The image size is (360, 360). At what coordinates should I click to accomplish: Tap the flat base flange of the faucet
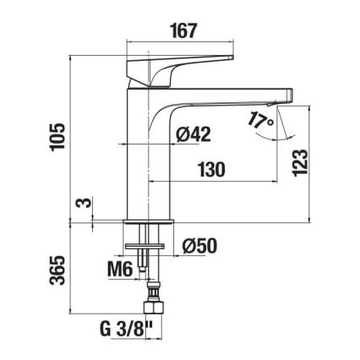[149, 221]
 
